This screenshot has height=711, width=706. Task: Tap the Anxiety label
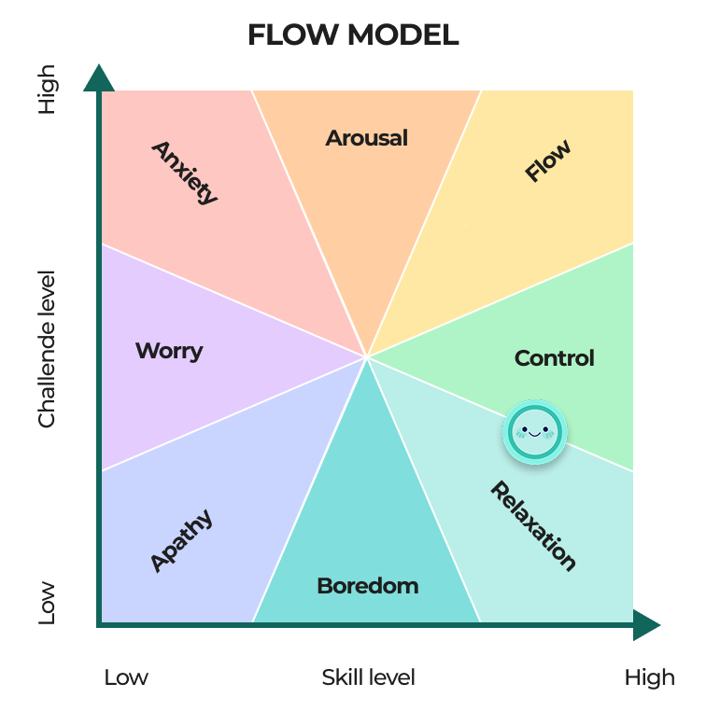point(185,173)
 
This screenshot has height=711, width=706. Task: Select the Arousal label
point(367,138)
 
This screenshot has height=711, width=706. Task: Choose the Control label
point(555,358)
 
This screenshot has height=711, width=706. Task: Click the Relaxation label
point(533,525)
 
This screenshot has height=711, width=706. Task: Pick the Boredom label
point(367,586)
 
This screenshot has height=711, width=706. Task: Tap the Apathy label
point(181,540)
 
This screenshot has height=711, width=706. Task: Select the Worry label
point(169,351)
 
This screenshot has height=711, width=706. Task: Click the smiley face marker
point(535,431)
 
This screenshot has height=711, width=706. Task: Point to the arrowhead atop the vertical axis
point(98,77)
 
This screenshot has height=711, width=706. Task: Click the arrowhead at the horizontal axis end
point(646,624)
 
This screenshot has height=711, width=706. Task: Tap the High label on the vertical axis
point(47,89)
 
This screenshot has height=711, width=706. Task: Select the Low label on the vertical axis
point(47,603)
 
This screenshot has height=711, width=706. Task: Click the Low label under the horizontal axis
point(126,677)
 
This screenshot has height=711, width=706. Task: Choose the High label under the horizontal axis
point(649,677)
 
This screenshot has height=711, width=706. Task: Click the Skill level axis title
point(368,677)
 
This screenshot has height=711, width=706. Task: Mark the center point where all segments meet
point(368,356)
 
